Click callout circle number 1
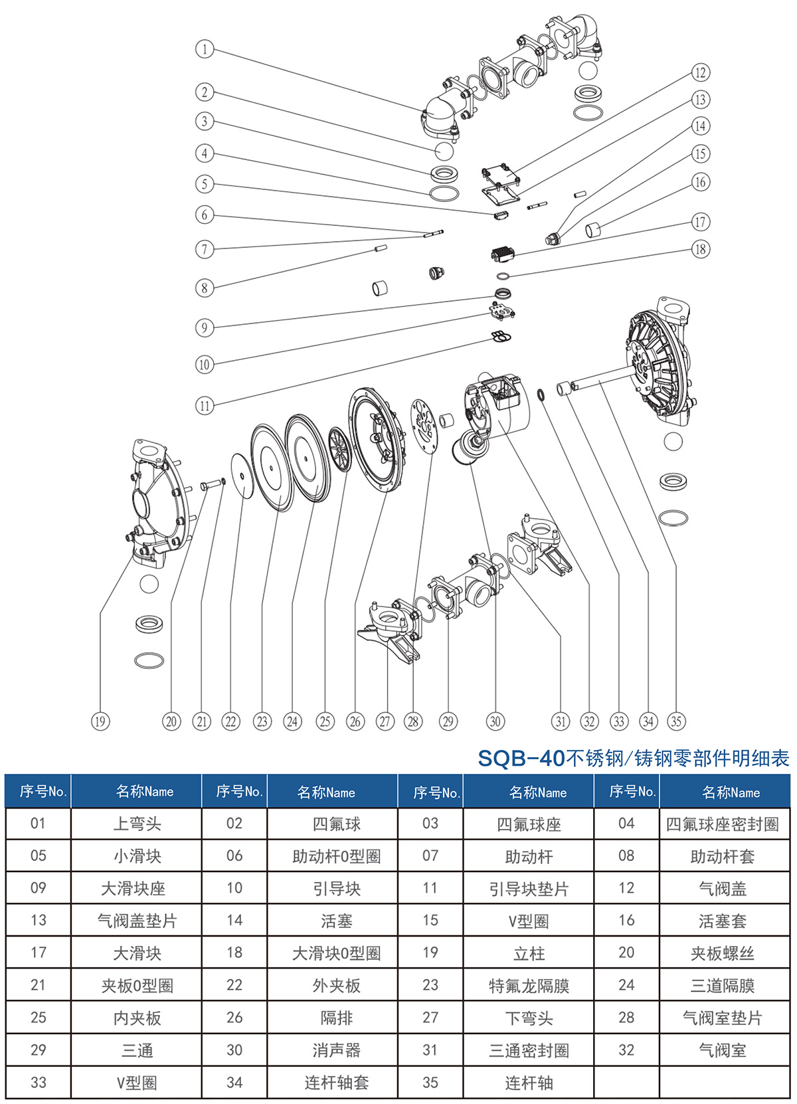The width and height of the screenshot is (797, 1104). pyautogui.click(x=205, y=49)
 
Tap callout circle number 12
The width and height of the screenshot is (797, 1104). pyautogui.click(x=700, y=72)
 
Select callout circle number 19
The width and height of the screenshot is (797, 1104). pyautogui.click(x=100, y=721)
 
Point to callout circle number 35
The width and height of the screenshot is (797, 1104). pyautogui.click(x=676, y=721)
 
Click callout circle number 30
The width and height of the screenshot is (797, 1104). pyautogui.click(x=495, y=721)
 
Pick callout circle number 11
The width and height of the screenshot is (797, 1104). pyautogui.click(x=205, y=405)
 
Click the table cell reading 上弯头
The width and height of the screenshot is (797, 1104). pyautogui.click(x=137, y=824)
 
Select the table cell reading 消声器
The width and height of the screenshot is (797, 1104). pyautogui.click(x=336, y=1050)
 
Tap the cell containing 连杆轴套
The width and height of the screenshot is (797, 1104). pyautogui.click(x=336, y=1083)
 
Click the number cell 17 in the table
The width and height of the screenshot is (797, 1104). pyautogui.click(x=39, y=953)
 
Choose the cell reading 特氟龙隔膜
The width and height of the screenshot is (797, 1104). pyautogui.click(x=529, y=986)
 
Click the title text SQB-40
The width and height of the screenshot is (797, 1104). pyautogui.click(x=521, y=758)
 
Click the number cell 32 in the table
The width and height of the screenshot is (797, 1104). pyautogui.click(x=626, y=1050)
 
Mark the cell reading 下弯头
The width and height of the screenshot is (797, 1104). pyautogui.click(x=529, y=1018)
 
